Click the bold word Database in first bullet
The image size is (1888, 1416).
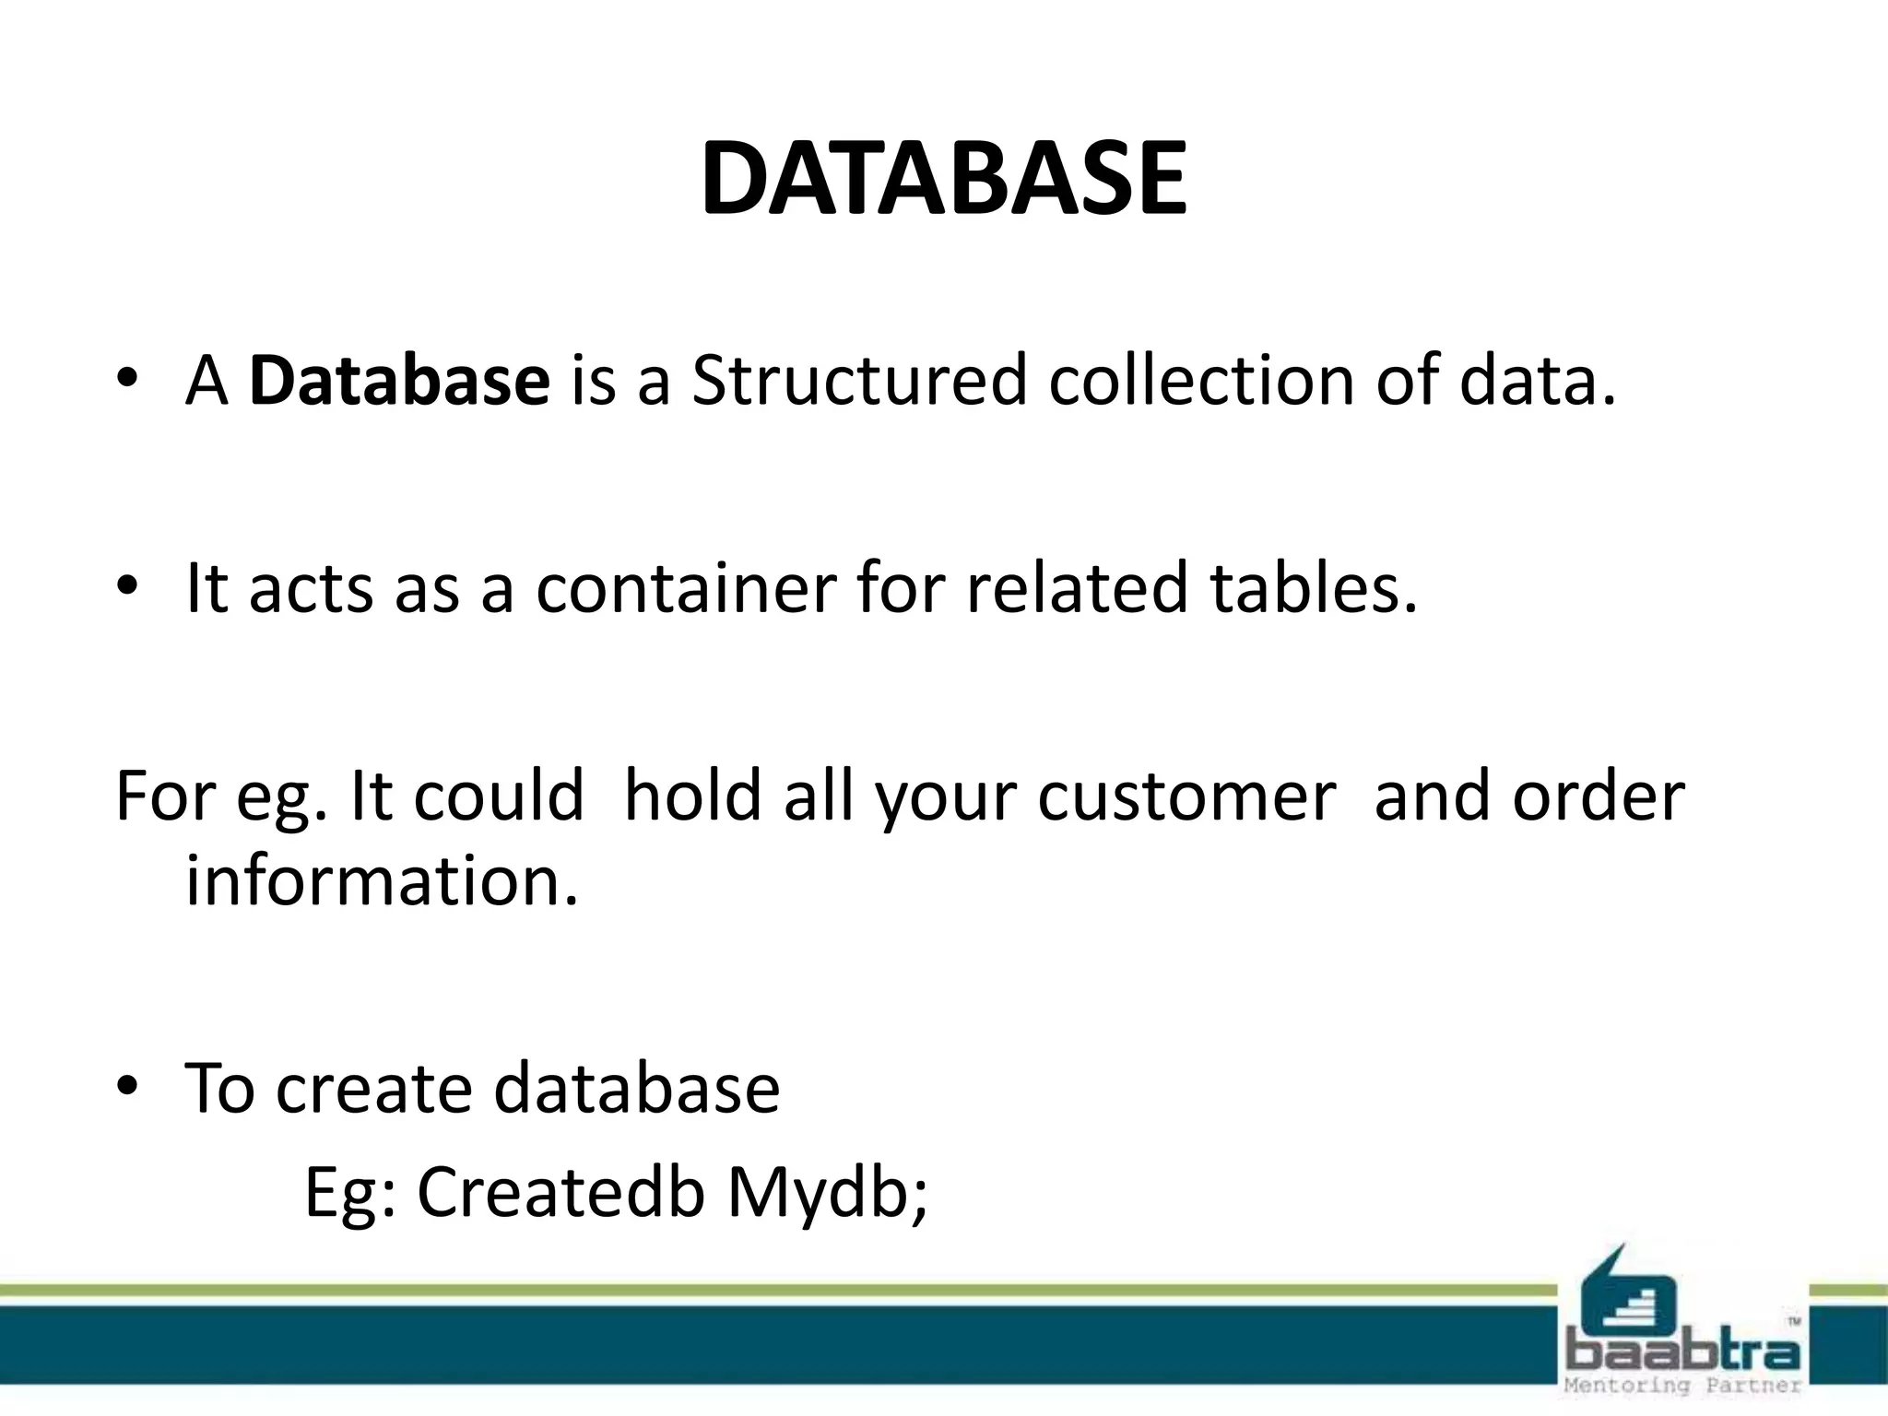(399, 380)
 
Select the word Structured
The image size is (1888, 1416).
(858, 380)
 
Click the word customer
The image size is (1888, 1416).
(1186, 796)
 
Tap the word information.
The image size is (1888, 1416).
(382, 880)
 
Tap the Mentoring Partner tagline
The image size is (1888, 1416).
(1683, 1386)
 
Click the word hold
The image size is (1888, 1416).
(691, 796)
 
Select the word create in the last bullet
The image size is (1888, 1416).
(373, 1088)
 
